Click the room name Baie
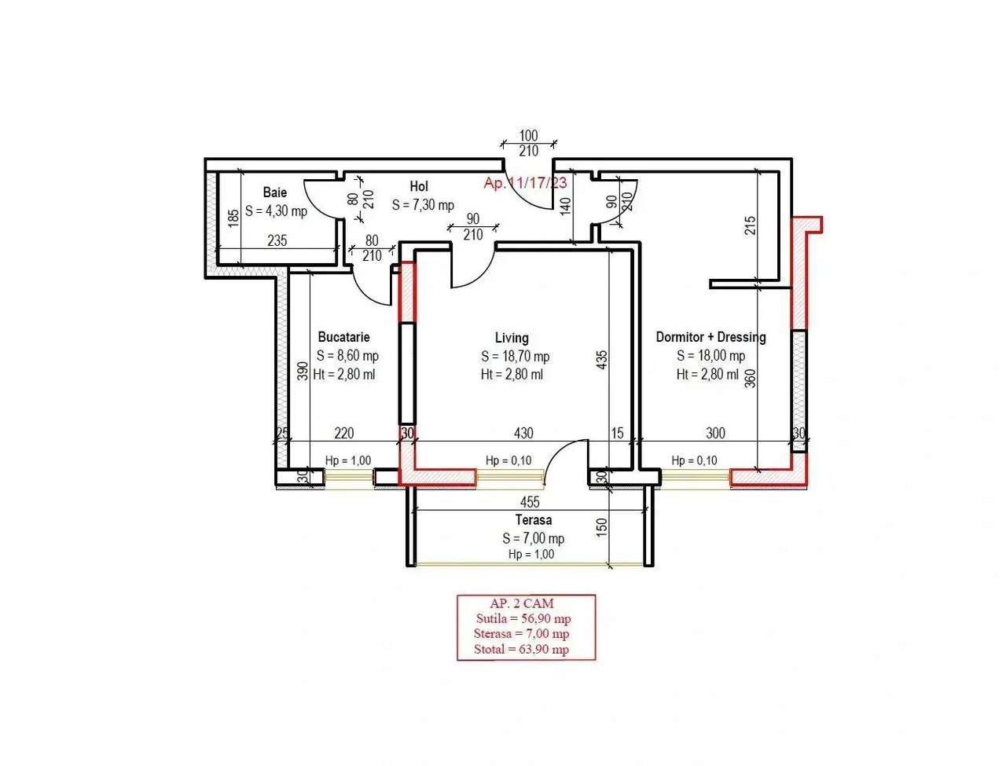(x=274, y=192)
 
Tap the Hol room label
(x=418, y=186)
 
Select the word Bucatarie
(x=343, y=337)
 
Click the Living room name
(x=512, y=338)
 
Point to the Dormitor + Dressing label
(x=710, y=337)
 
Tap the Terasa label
(x=533, y=520)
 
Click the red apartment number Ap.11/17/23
(x=525, y=183)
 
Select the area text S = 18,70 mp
(x=515, y=356)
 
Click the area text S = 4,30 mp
(x=276, y=211)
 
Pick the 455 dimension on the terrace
(x=530, y=502)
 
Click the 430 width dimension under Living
(x=523, y=433)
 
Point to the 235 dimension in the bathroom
(x=277, y=240)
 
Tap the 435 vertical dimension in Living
(x=602, y=360)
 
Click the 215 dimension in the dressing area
(x=751, y=225)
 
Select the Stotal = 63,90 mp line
(x=522, y=649)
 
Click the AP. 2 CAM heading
(x=522, y=603)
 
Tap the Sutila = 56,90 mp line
(x=523, y=619)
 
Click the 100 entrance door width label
(x=528, y=136)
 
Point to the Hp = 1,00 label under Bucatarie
(x=348, y=460)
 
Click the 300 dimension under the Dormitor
(x=715, y=433)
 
